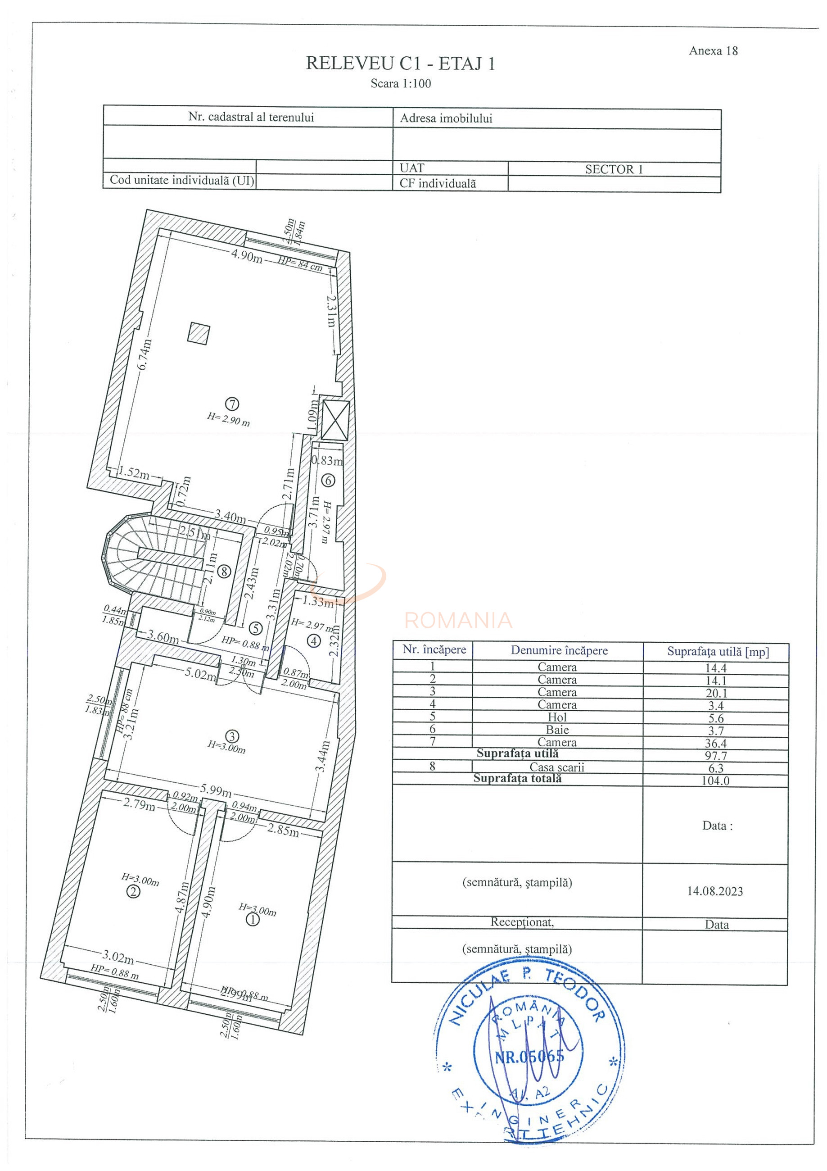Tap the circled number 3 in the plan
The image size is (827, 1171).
232,736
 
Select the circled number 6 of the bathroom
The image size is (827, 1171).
328,480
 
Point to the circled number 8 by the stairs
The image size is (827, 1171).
224,571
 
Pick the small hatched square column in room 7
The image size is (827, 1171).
199,332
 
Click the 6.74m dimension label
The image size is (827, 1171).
145,355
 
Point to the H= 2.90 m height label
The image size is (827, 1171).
228,419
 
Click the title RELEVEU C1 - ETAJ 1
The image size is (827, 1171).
400,64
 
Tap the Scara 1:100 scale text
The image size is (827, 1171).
401,84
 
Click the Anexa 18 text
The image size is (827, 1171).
713,50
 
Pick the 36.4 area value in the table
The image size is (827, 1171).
715,744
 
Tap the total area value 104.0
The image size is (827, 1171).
715,781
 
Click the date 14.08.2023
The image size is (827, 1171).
715,891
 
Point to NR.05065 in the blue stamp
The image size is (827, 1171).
530,1056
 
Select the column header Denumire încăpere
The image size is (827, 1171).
559,650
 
